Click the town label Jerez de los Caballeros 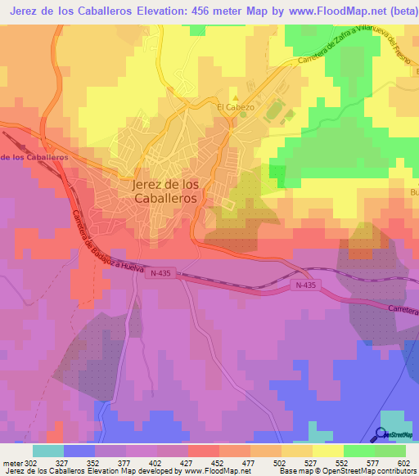click(164, 191)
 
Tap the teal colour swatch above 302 click(48, 451)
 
